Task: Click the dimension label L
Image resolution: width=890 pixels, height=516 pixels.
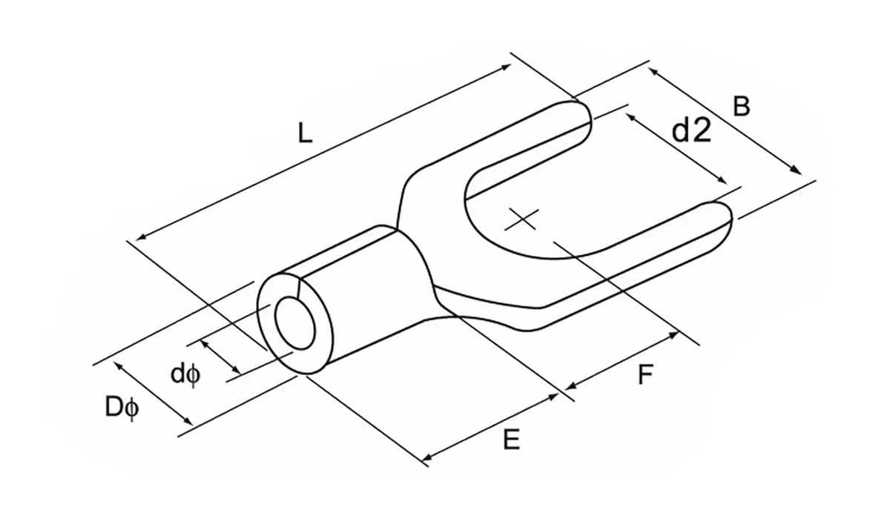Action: pyautogui.click(x=305, y=133)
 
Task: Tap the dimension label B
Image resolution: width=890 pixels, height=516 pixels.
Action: pyautogui.click(x=741, y=106)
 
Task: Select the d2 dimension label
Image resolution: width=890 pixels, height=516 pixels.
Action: pyautogui.click(x=691, y=131)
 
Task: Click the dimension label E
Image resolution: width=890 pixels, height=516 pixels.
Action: pyautogui.click(x=510, y=440)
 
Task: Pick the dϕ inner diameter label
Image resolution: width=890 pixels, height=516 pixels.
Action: pyautogui.click(x=185, y=374)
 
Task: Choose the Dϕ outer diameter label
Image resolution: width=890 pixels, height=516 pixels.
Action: pyautogui.click(x=121, y=408)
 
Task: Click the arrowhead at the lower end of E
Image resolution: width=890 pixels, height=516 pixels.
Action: pyautogui.click(x=426, y=460)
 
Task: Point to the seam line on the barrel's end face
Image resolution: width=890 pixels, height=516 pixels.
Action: pyautogui.click(x=297, y=289)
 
